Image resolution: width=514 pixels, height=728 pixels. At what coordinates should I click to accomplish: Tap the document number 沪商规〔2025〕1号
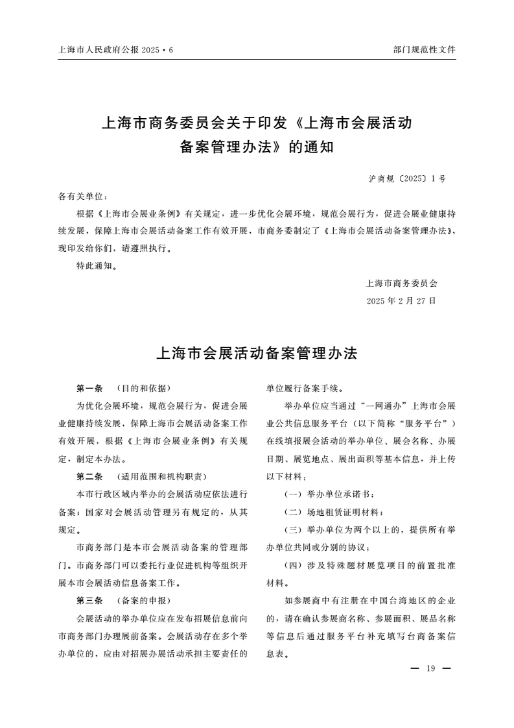coord(407,178)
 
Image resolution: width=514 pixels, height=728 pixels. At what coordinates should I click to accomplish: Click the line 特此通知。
coord(97,265)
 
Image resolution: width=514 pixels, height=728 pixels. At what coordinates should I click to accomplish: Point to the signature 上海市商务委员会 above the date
coord(402,283)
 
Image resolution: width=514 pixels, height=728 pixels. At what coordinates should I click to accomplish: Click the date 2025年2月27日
coord(401,301)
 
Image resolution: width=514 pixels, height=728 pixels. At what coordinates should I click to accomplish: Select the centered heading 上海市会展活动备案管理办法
coord(257,354)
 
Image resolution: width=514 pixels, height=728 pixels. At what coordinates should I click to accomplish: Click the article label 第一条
coord(89,389)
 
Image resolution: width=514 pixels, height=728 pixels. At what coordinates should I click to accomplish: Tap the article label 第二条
coord(89,477)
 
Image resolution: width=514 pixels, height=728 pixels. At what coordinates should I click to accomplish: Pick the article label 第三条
coord(89,600)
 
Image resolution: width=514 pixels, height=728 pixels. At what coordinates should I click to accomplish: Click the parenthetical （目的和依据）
coord(143,389)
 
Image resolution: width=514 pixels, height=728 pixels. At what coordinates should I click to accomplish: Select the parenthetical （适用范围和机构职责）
coord(161,477)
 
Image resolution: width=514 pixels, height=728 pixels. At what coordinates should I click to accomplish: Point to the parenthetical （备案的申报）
coord(143,600)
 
